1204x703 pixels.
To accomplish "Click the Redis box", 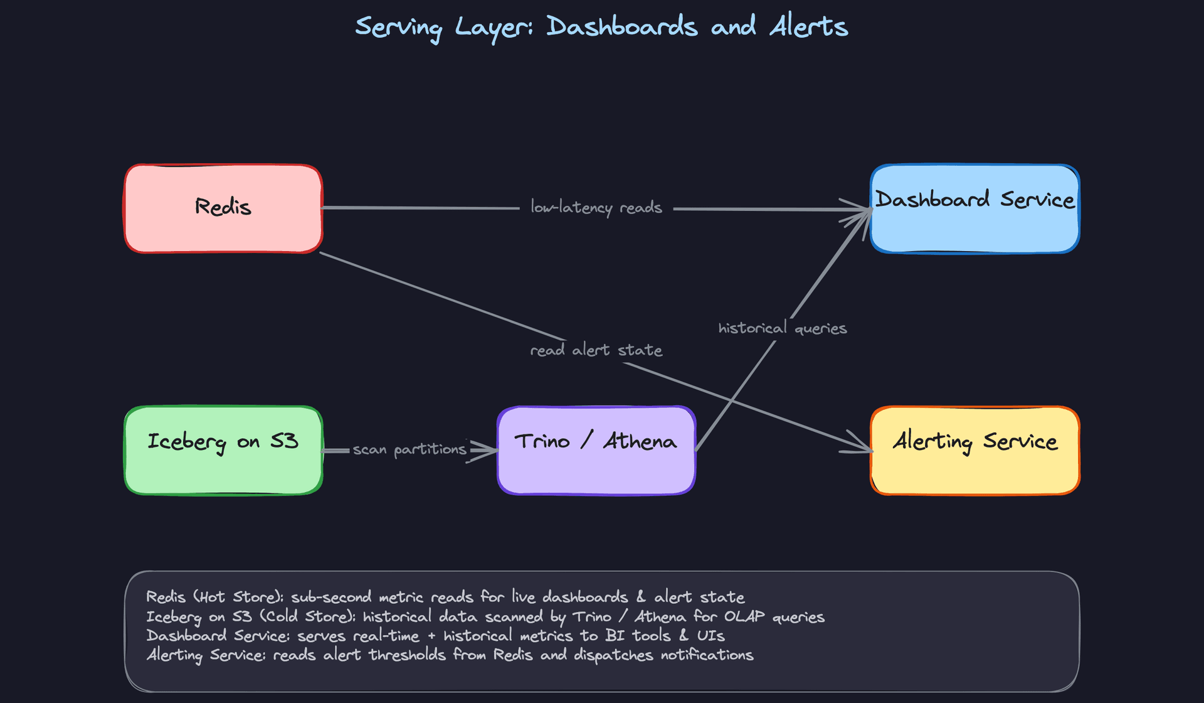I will point(223,208).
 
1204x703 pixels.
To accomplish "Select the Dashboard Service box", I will point(974,208).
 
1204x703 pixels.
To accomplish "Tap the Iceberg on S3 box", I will point(223,450).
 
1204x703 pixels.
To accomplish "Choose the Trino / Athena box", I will point(596,450).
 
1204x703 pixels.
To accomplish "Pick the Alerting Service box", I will point(974,450).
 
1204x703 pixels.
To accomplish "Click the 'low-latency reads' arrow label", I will point(596,207).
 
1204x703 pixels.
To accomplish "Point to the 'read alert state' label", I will point(596,350).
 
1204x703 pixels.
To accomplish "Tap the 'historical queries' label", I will point(782,328).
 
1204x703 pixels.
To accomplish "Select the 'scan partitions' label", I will point(409,449).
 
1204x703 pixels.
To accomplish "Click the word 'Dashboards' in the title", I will point(621,27).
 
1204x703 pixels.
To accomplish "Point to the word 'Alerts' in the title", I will point(809,27).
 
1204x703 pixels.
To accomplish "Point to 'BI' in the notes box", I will point(615,635).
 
